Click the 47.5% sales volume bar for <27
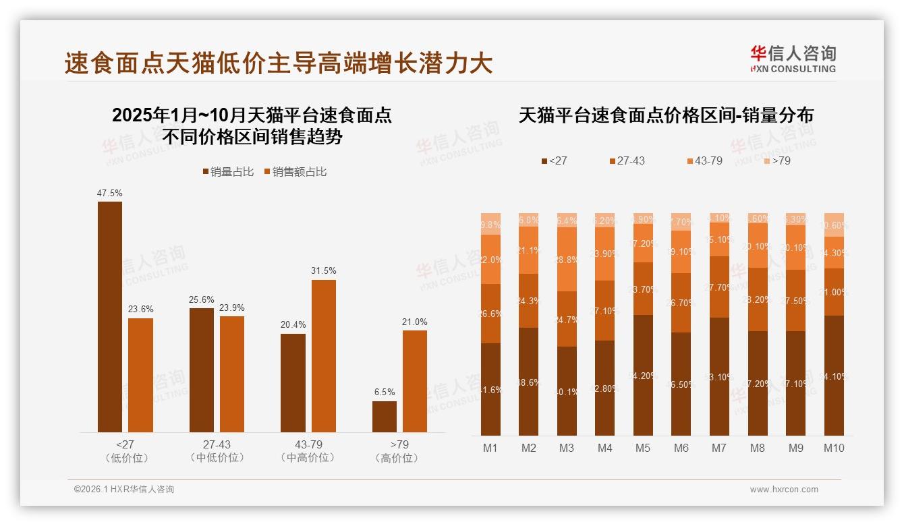(110, 317)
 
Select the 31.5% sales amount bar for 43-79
(323, 356)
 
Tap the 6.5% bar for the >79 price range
(385, 417)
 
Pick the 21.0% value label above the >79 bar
(414, 322)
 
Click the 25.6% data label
(202, 299)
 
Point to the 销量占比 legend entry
(229, 172)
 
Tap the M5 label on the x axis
(643, 448)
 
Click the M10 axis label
(834, 448)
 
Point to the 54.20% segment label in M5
(643, 376)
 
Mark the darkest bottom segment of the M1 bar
(490, 389)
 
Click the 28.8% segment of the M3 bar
(567, 259)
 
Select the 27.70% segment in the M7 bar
(719, 287)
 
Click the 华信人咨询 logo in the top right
(793, 59)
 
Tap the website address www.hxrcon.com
(784, 490)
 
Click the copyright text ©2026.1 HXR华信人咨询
(124, 490)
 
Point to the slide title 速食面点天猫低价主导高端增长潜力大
(279, 63)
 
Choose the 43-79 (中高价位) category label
(308, 451)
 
